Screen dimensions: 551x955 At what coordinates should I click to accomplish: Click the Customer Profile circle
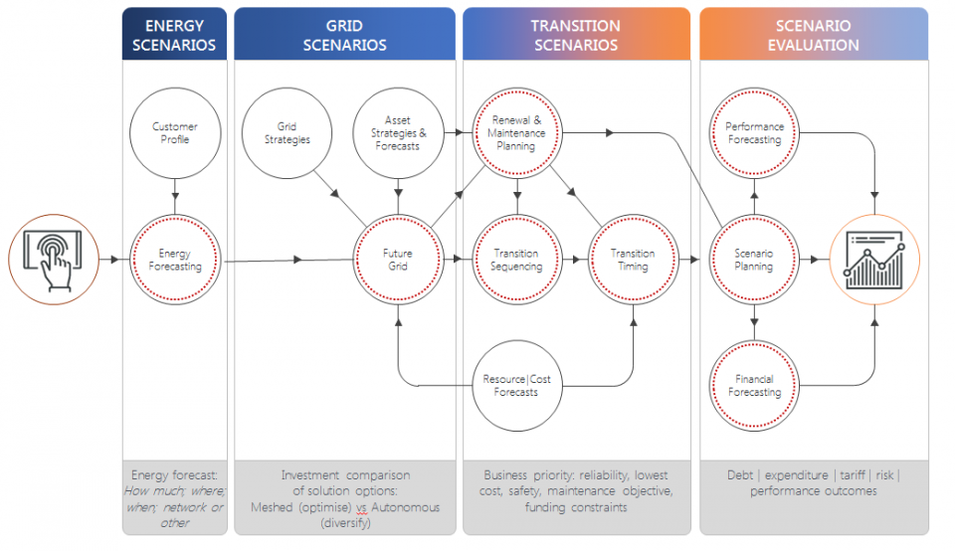(174, 133)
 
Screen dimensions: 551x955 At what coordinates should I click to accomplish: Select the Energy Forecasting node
(174, 261)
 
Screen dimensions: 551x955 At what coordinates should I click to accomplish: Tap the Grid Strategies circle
(286, 133)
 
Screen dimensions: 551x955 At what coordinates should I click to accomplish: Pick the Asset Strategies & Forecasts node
(398, 133)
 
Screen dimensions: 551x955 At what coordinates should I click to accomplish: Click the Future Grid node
(398, 261)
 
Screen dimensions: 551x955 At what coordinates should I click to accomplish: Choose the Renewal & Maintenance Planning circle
(517, 133)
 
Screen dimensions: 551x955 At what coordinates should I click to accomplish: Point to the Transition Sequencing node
(517, 261)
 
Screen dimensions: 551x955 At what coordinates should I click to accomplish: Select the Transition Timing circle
(633, 261)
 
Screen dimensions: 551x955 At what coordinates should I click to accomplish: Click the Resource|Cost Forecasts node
(517, 386)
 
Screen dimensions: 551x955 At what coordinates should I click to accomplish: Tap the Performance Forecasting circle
(754, 133)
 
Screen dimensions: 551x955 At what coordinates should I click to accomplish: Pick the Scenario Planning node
(754, 261)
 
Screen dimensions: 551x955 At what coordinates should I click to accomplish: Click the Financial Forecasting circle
(754, 386)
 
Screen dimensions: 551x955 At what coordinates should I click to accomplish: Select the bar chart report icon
(874, 260)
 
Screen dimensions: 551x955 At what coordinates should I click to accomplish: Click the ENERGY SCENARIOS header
(174, 35)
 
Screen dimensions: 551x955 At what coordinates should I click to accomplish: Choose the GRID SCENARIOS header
(343, 35)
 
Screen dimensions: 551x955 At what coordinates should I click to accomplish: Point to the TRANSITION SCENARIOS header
(575, 35)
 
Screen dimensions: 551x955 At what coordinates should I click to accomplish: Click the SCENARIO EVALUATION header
(813, 35)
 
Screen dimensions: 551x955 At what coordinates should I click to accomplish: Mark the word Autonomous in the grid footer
(404, 507)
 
